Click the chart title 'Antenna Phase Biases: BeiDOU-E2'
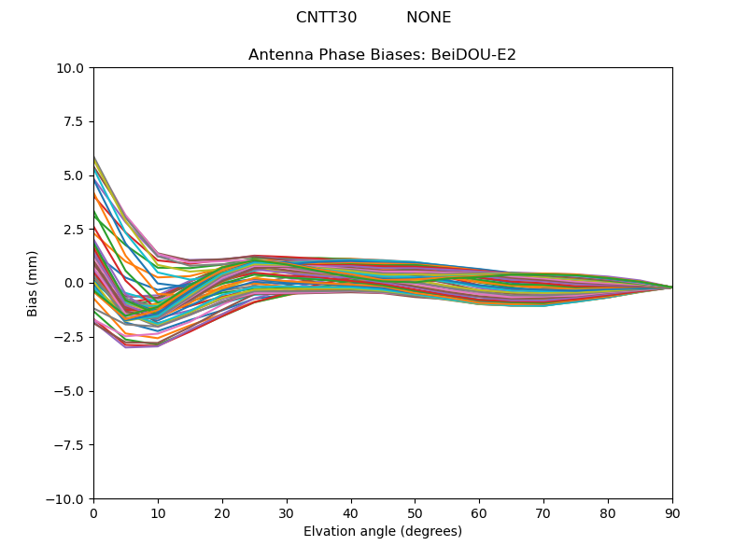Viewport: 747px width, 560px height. click(x=382, y=55)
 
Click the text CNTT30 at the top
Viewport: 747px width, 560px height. click(x=326, y=18)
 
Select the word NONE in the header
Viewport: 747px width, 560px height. click(x=429, y=18)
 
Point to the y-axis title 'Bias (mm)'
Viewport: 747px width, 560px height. click(x=33, y=283)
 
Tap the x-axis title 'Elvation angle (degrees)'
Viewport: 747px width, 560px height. click(x=382, y=532)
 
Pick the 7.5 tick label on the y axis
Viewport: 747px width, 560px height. click(x=76, y=122)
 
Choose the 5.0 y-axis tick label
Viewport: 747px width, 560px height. click(x=76, y=175)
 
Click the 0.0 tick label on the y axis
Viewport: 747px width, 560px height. click(x=76, y=284)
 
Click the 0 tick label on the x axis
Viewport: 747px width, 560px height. click(x=93, y=512)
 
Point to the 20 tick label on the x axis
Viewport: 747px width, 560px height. click(x=222, y=512)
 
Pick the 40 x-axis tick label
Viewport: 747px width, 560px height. click(x=351, y=512)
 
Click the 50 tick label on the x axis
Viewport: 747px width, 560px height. click(x=415, y=512)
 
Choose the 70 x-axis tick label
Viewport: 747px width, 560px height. click(x=543, y=512)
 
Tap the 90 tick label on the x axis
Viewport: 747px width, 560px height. click(x=672, y=512)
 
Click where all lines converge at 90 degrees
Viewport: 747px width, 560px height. click(x=671, y=287)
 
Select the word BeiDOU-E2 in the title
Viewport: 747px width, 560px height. click(x=472, y=55)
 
